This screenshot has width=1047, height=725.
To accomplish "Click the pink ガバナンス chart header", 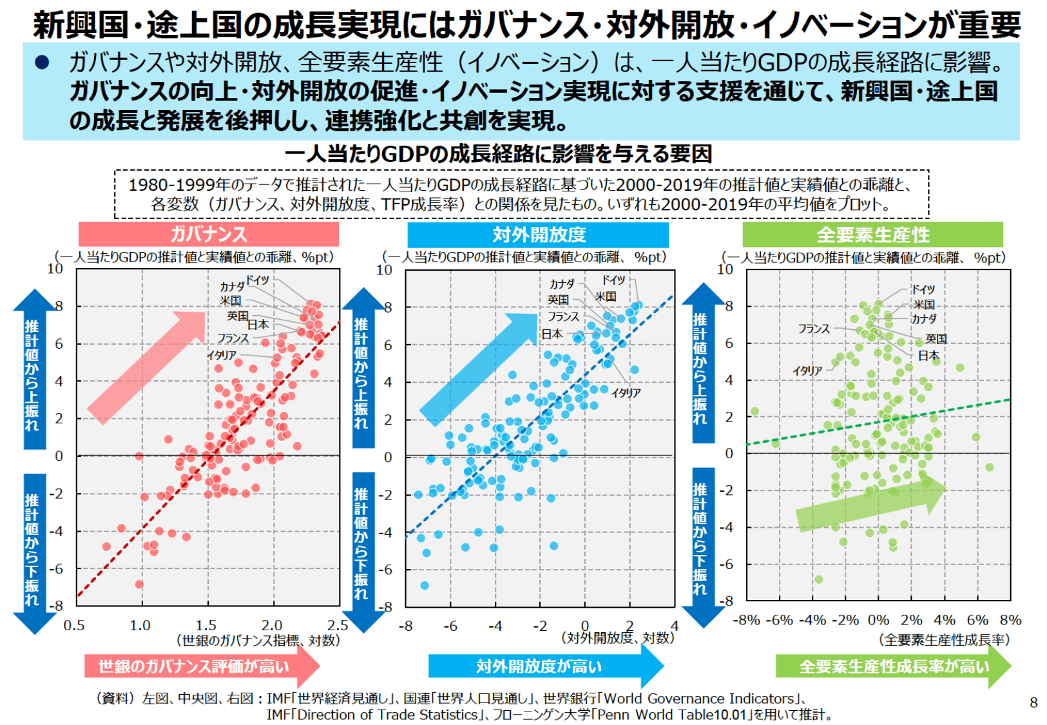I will pos(208,234).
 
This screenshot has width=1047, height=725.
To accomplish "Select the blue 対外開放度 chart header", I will pos(538,235).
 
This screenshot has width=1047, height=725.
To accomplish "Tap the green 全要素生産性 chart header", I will pos(872,235).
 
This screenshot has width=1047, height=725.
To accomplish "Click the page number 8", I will pos(1033,702).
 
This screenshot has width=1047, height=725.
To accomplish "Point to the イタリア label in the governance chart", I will pos(221,355).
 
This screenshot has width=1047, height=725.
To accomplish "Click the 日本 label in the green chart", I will pos(928,355).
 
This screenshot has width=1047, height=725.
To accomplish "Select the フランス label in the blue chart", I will pos(563,316).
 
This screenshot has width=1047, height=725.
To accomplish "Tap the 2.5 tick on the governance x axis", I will pos(338,625).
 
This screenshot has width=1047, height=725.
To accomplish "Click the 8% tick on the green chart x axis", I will pos(1010,620).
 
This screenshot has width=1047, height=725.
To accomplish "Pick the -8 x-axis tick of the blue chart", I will pos(405,626).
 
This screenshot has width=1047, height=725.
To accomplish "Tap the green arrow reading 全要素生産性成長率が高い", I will pos(892,666).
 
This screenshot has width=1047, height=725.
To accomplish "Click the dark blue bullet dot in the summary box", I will pos(42,63).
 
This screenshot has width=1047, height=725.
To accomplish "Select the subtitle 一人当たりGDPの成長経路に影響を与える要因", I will pos(498,154).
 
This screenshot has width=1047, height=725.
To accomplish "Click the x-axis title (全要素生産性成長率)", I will pos(944,639).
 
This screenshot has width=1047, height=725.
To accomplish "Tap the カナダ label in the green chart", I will pos(923,319).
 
